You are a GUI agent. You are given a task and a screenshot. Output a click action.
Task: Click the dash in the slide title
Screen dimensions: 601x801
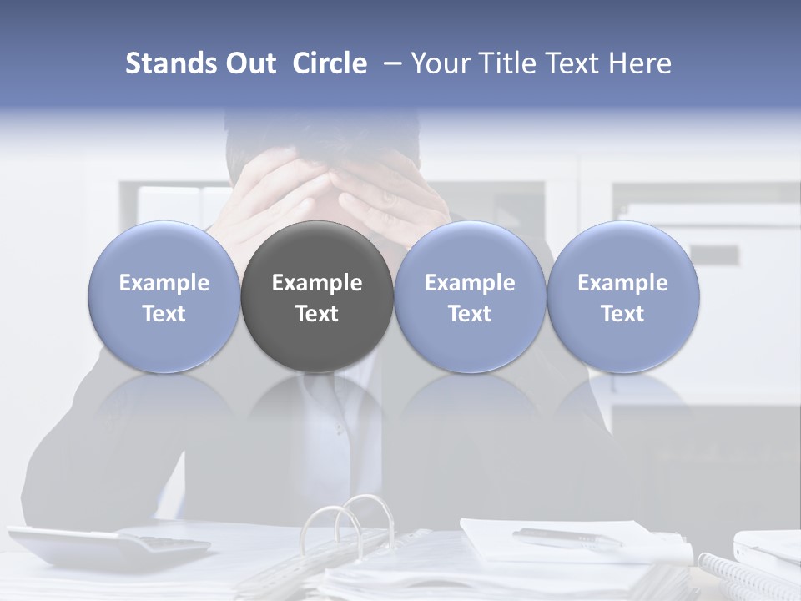390,63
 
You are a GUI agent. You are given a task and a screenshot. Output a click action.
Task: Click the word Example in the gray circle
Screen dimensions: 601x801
317,283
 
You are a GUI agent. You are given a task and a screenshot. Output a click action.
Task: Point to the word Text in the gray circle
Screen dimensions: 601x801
317,314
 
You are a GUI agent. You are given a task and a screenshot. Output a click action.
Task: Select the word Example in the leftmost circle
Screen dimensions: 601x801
164,283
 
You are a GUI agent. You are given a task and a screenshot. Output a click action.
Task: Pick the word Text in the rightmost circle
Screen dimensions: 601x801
623,314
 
